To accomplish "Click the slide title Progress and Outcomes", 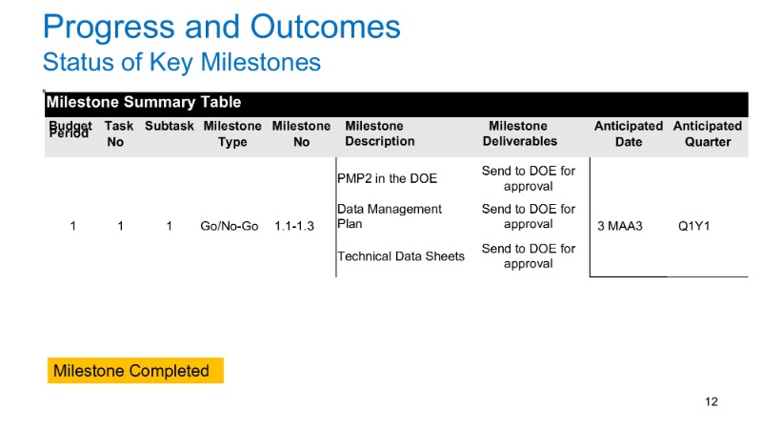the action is click(x=222, y=27).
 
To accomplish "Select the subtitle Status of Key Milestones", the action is click(x=182, y=63).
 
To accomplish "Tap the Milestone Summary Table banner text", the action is click(x=144, y=102).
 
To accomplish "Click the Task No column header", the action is click(x=118, y=133).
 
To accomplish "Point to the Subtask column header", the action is click(x=170, y=126).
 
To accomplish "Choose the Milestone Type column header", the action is click(x=232, y=133).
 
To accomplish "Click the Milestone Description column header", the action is click(x=379, y=133).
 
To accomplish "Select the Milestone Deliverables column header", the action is click(x=519, y=133).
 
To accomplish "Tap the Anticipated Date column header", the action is click(x=629, y=133).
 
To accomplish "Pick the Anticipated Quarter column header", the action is click(x=708, y=133).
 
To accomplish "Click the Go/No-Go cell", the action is click(x=230, y=226).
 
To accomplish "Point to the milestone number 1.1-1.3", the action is click(x=294, y=226).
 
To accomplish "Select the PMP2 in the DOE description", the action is click(x=388, y=178).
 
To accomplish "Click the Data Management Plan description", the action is click(x=390, y=216).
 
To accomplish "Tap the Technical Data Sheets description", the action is click(x=401, y=256).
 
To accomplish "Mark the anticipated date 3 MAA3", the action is click(x=620, y=226).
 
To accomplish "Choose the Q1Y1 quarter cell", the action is click(x=694, y=226).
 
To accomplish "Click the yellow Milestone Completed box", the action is click(x=135, y=371).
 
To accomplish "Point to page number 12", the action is click(x=712, y=401).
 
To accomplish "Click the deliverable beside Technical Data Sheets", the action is click(x=529, y=255).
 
